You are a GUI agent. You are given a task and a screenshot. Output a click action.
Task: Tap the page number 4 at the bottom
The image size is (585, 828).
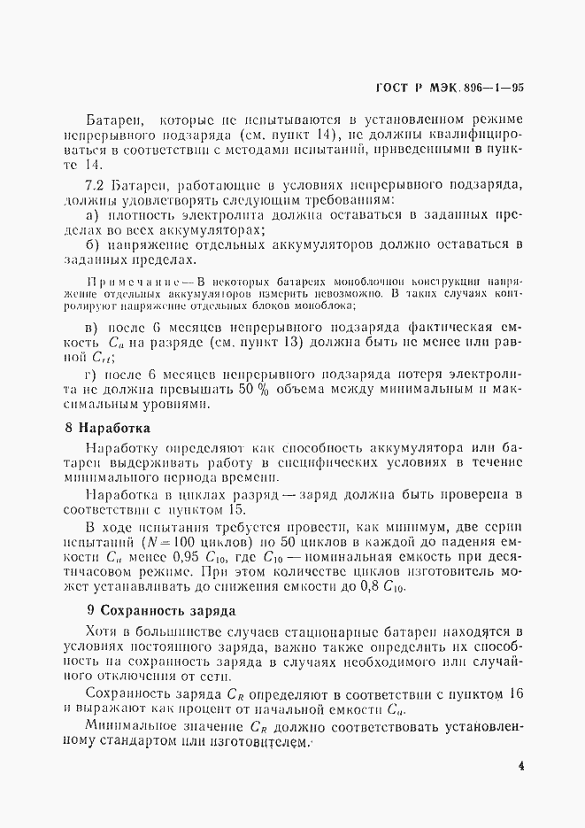coord(521,767)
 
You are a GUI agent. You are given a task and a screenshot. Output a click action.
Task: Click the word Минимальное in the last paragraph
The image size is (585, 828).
coord(133,726)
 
